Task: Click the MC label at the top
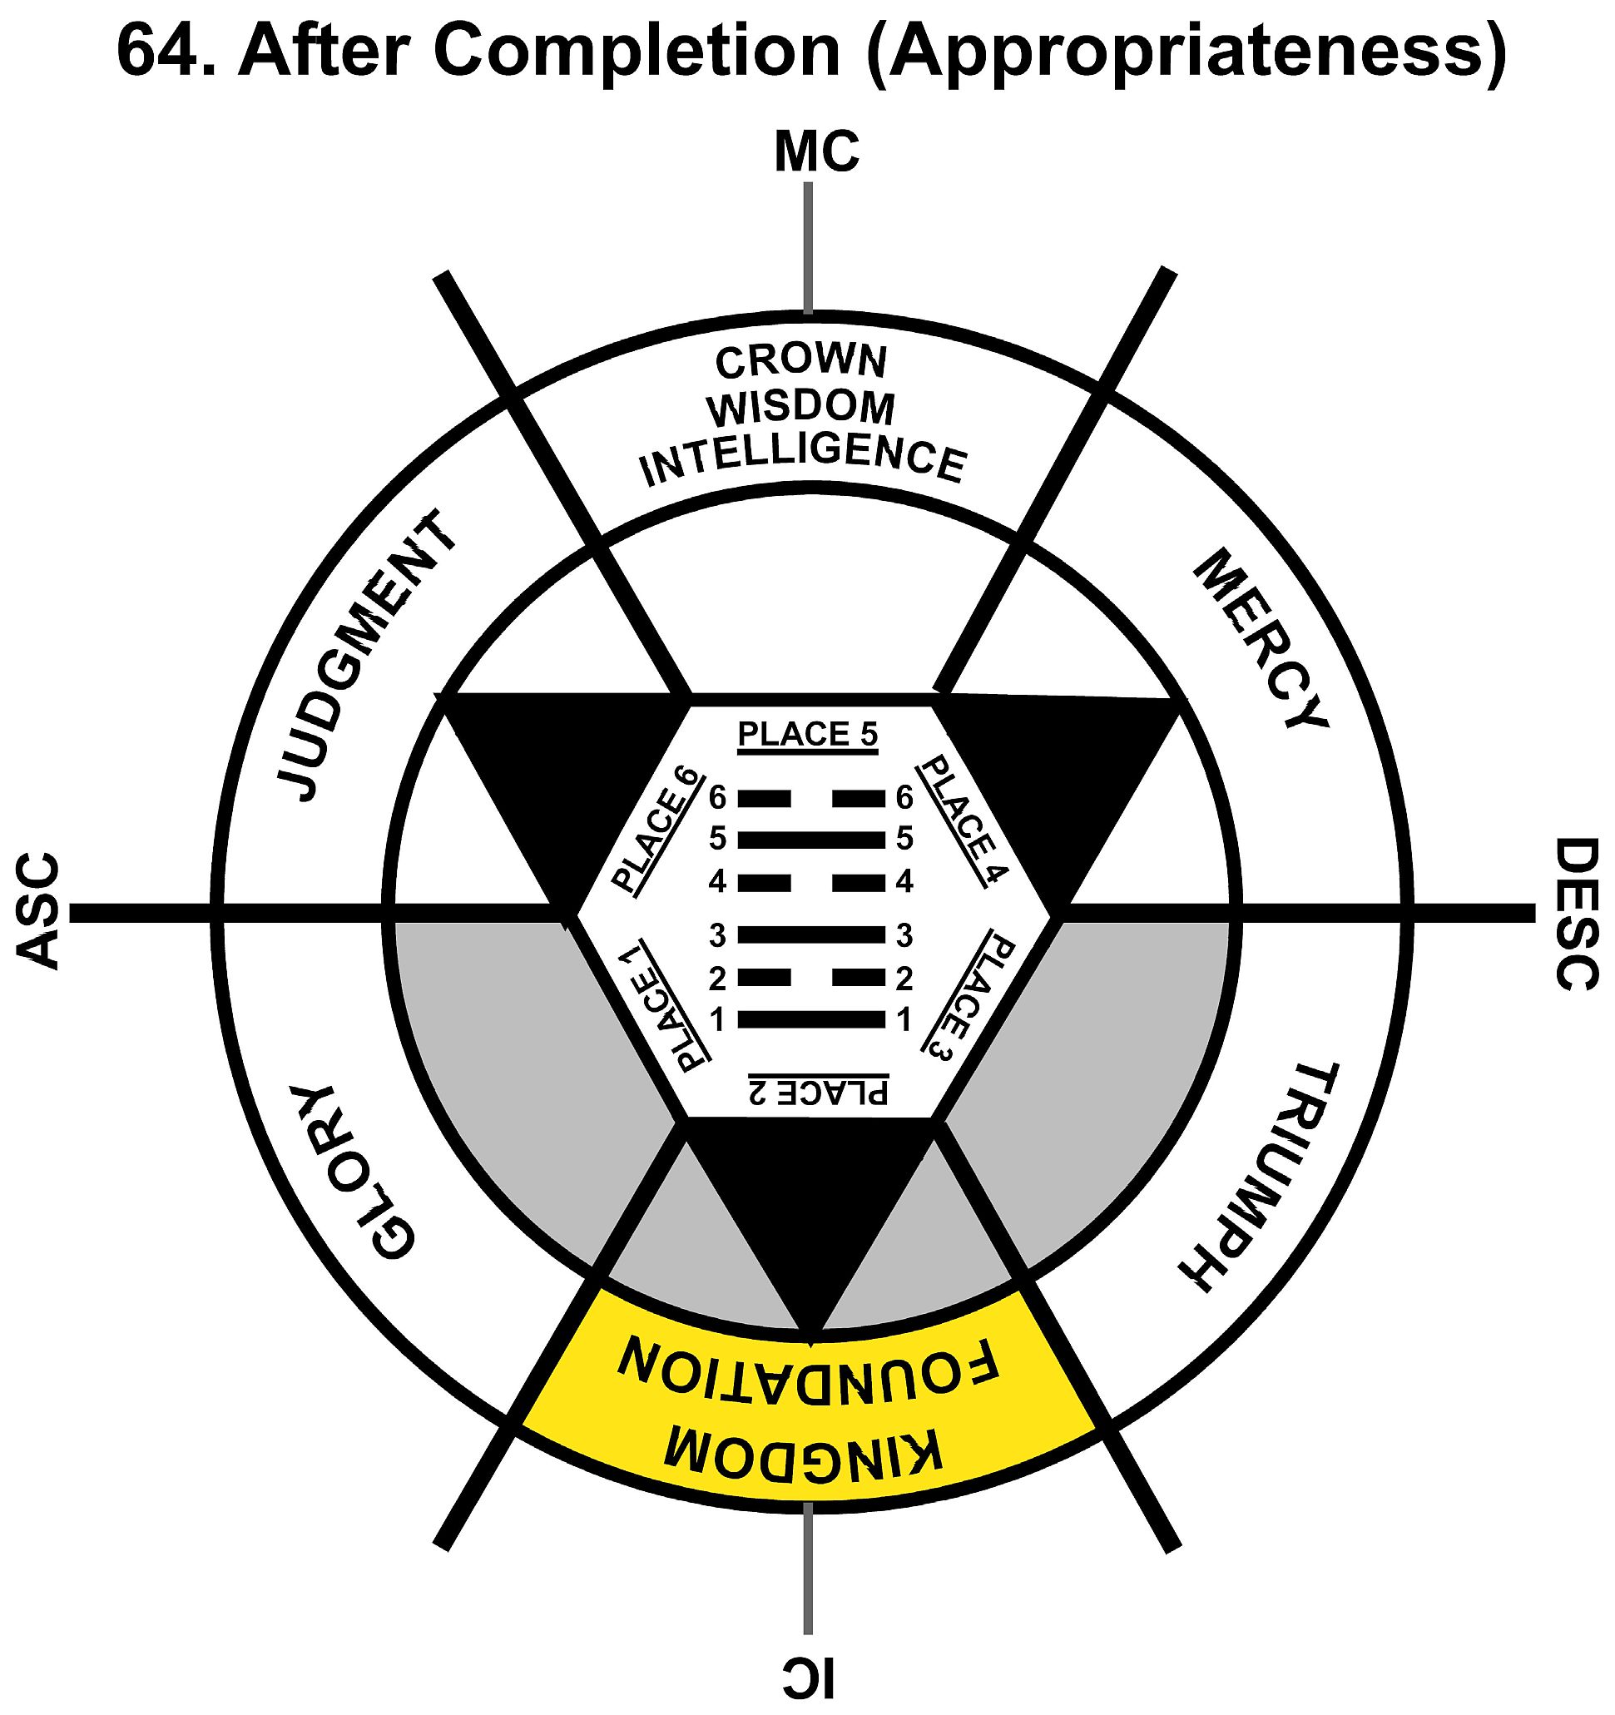coord(815,152)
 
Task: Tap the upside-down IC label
coord(809,1675)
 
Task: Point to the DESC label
coord(1576,915)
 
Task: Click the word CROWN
coord(800,361)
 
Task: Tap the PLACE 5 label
coord(807,734)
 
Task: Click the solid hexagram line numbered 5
coord(811,839)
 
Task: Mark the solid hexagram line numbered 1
coord(811,1019)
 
